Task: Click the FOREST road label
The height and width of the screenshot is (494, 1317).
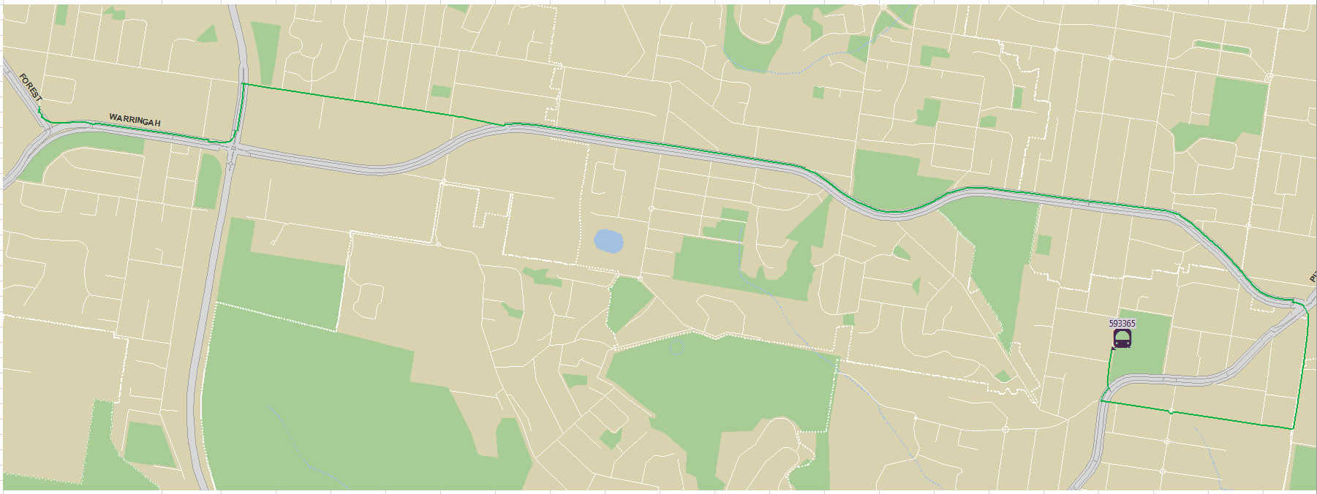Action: (31, 88)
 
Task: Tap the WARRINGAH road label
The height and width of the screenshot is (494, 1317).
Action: (135, 120)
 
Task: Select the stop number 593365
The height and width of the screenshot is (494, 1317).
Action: (1122, 323)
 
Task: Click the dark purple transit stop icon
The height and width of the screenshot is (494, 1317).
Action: (1122, 338)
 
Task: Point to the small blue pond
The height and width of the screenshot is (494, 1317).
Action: (608, 241)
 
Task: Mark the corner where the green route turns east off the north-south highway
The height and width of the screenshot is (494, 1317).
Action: (243, 85)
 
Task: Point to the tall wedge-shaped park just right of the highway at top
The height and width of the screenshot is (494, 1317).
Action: (265, 51)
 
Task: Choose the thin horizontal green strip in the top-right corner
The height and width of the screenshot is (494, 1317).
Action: (1221, 47)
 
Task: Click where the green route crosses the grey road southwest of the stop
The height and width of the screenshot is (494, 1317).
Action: (1102, 400)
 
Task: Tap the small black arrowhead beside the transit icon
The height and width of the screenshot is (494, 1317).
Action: (1112, 349)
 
